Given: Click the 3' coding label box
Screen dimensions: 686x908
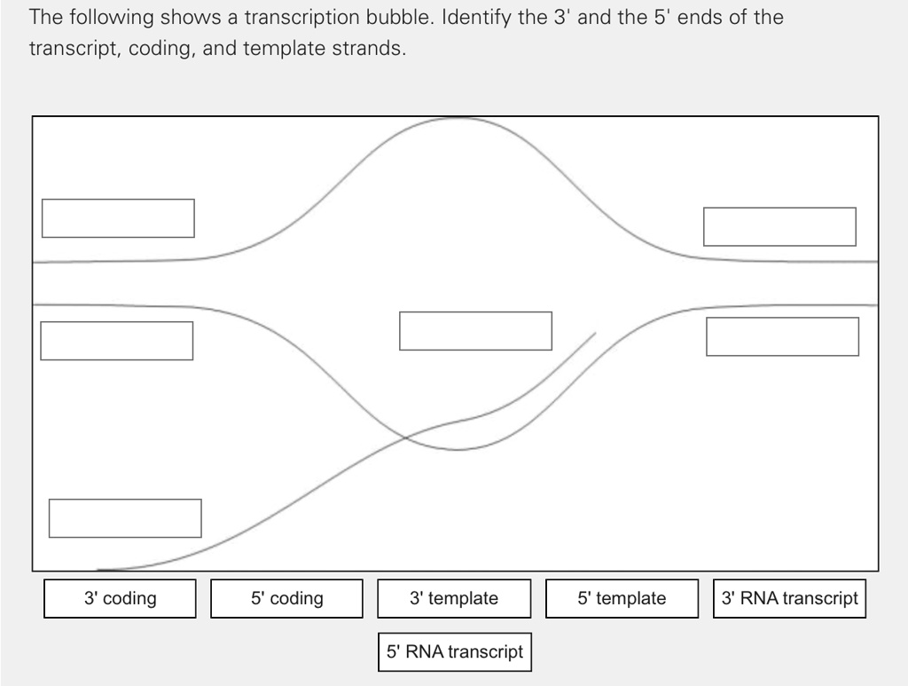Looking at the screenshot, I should (120, 598).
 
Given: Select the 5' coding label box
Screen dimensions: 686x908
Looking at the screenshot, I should (286, 598).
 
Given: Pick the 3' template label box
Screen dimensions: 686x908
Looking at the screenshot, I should (454, 598).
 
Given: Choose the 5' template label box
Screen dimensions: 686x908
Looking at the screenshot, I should (622, 598).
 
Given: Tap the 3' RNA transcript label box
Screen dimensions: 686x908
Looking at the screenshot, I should (789, 598).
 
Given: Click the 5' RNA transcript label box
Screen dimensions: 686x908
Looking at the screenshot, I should (454, 651).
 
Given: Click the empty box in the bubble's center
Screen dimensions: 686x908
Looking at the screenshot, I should (475, 330).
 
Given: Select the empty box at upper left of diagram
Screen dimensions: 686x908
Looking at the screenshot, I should (118, 218).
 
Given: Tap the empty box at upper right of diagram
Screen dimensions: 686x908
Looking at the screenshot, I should (779, 226).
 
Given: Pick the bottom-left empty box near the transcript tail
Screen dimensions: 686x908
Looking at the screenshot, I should (125, 518).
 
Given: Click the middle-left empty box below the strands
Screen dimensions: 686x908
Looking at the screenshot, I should (116, 341).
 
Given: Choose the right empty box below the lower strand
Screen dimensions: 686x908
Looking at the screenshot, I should (782, 336).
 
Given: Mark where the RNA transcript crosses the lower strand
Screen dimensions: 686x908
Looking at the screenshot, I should (406, 437).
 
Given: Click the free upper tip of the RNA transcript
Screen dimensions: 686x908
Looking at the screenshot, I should (595, 334).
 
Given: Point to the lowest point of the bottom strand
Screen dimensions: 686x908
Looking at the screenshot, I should (457, 450).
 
